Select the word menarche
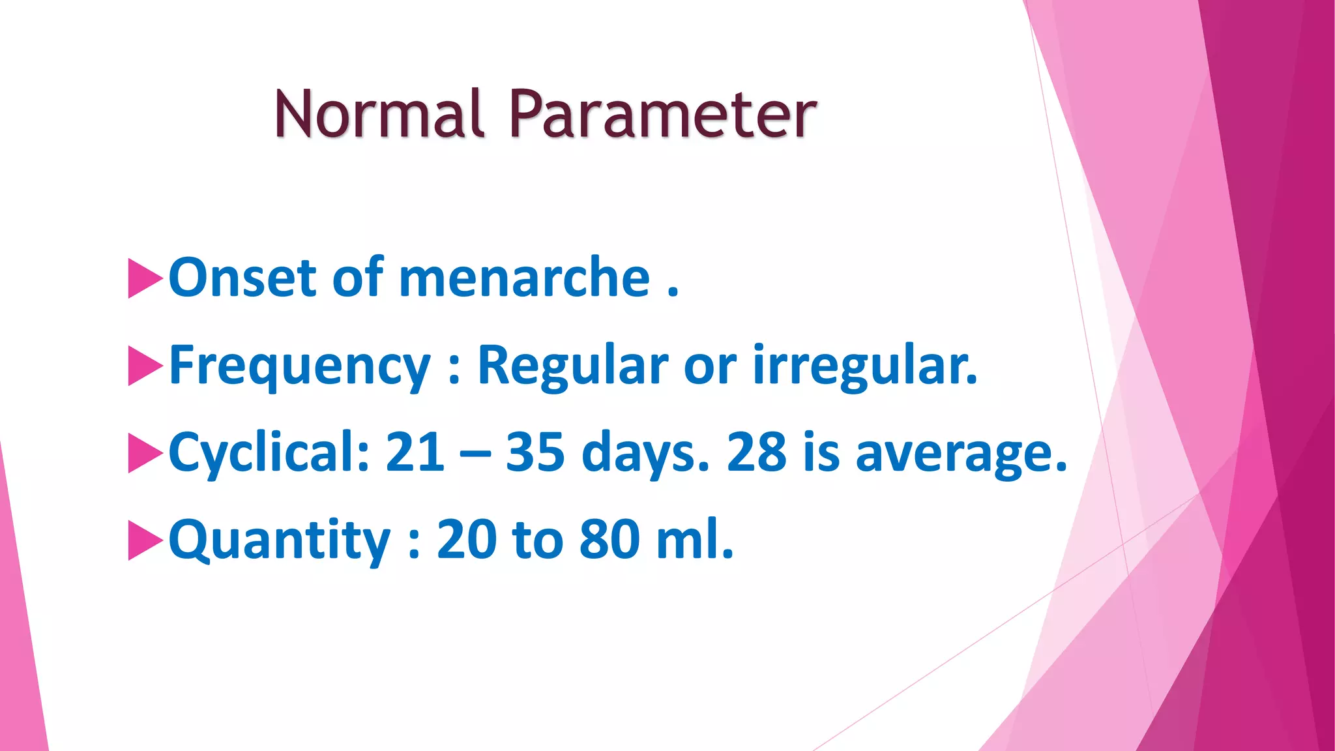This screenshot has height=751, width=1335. point(524,278)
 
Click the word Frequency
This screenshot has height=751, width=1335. point(300,366)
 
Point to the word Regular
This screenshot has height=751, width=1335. point(573,365)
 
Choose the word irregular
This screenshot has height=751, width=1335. point(865,365)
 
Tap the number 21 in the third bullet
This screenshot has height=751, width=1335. point(415,452)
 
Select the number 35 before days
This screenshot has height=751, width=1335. point(535,452)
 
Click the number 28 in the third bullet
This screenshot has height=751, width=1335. point(756,452)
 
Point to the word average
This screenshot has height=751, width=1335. point(961,453)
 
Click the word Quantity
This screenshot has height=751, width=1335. point(280,540)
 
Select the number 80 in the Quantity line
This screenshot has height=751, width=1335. point(609,540)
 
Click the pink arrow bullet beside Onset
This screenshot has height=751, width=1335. point(145,278)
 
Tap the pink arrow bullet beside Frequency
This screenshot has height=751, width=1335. point(145,366)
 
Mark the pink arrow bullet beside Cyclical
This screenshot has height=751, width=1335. point(145,452)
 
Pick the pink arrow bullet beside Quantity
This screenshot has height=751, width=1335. point(145,540)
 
